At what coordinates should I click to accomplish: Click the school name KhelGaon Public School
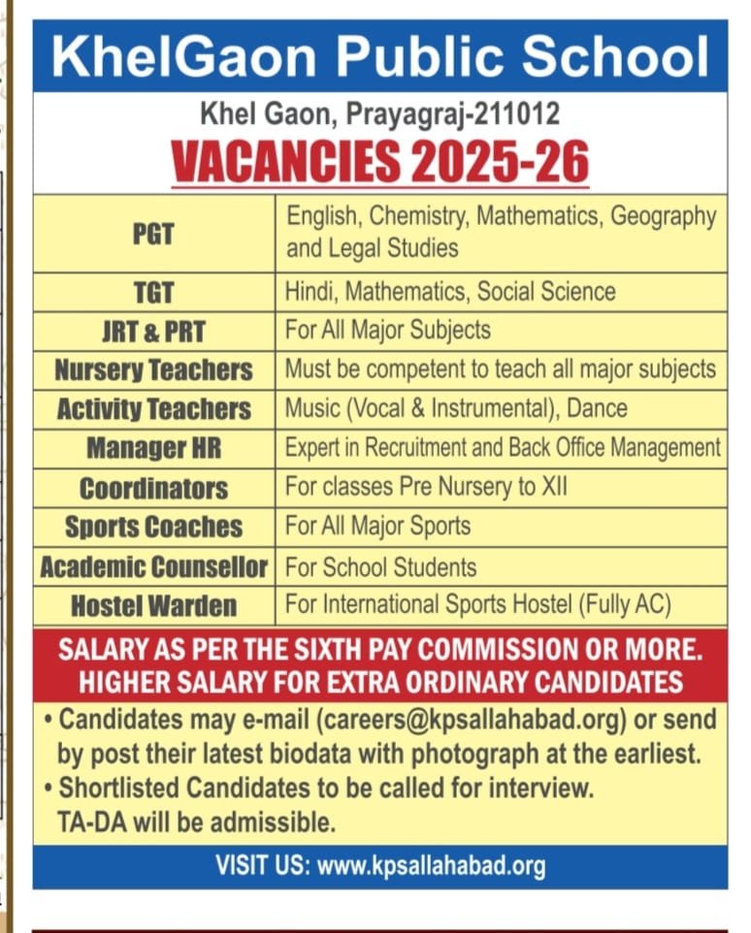379,57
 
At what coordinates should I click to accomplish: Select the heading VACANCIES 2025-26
380,161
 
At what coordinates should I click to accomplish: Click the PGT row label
153,234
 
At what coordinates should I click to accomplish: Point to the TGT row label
153,292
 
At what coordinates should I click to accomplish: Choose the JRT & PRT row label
153,332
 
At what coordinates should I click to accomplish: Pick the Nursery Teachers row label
153,370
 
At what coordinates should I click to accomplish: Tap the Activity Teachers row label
153,409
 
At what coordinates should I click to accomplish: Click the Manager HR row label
153,448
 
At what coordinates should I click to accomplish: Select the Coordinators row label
153,488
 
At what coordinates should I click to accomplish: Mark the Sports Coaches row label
153,528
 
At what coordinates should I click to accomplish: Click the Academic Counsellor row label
153,567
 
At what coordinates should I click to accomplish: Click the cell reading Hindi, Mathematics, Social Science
450,291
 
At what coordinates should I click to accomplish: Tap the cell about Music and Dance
456,408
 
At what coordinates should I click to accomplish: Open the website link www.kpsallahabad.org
431,866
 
